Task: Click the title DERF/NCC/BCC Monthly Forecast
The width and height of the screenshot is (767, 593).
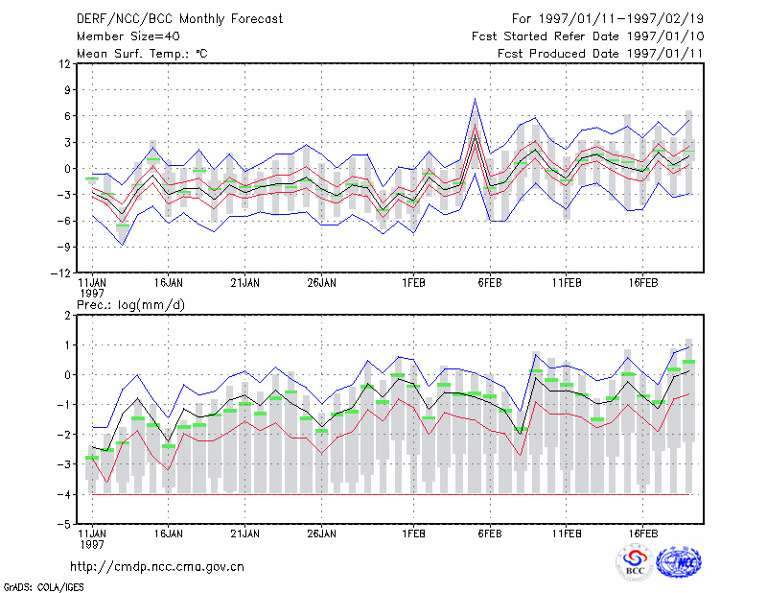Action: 179,19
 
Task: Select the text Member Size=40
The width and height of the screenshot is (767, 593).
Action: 128,36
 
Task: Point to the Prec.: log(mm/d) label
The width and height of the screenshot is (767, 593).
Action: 130,305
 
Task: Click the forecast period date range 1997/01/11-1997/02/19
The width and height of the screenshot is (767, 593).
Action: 620,19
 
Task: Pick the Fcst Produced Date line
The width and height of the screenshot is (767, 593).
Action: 600,54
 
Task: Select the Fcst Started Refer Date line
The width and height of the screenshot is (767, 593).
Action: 588,36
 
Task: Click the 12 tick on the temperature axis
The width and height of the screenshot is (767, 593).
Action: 65,63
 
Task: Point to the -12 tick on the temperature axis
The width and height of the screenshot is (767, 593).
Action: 60,273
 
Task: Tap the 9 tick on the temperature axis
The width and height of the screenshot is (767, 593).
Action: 67,89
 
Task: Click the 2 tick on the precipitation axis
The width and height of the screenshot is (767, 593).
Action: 67,316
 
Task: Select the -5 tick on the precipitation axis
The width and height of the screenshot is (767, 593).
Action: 64,524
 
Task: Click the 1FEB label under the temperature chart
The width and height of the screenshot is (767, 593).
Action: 413,283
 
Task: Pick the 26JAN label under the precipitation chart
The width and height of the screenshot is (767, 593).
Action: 321,534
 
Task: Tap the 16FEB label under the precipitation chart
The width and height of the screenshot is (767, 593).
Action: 642,534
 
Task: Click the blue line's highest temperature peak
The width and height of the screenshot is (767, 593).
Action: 475,99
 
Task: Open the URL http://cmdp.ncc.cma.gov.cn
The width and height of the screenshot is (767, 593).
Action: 157,567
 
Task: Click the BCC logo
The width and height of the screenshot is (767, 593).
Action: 635,562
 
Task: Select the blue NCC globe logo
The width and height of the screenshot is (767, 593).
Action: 679,562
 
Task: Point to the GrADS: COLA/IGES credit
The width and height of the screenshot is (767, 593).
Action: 43,587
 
